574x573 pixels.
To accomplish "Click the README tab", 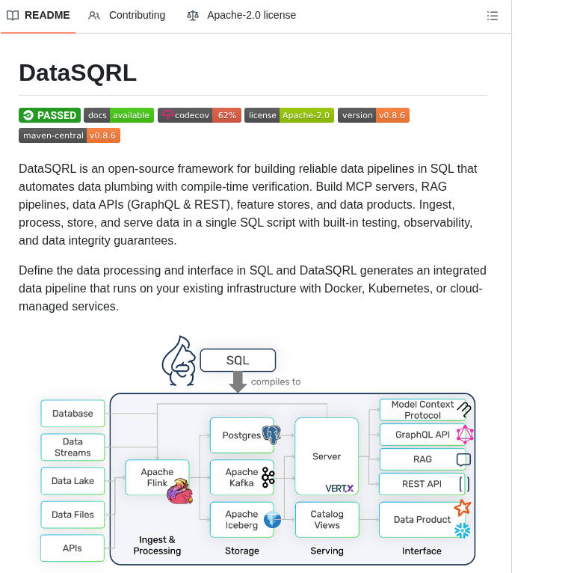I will pos(38,15).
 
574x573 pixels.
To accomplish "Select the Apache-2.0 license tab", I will pos(241,15).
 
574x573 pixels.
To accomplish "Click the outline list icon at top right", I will pos(492,16).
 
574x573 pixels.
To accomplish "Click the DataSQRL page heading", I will pos(78,73).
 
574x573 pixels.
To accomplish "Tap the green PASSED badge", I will pos(49,115).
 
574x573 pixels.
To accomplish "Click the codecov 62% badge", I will pos(199,115).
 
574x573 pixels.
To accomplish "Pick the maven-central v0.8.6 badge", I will pos(70,135).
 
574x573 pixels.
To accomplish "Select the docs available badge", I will pos(119,115).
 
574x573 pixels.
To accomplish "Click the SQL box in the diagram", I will pos(238,361).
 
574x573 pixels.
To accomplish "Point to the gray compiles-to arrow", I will pos(238,382).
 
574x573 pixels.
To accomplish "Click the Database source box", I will pos(72,414).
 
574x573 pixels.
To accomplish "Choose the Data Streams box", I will pos(72,447).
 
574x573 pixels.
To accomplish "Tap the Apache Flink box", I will pos(157,477).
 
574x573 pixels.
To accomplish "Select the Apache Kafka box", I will pos(241,477).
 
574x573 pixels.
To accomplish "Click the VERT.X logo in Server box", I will pos(339,488).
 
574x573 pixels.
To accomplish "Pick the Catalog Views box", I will pos(327,519).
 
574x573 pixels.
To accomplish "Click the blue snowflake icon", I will pos(463,530).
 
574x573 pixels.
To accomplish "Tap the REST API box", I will pos(422,484).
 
